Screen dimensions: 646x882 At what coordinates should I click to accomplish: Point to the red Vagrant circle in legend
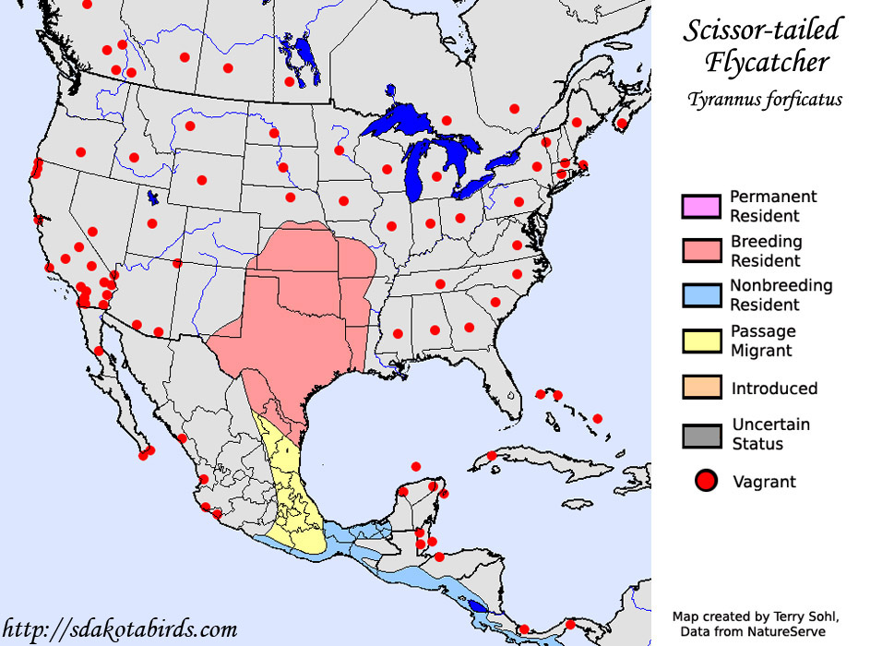(707, 481)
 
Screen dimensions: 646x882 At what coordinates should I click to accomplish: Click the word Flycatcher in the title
(767, 62)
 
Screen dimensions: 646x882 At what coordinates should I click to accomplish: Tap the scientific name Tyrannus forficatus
(764, 100)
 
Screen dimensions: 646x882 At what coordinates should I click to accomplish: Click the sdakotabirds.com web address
(120, 630)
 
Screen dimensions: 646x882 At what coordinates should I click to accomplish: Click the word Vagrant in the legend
(764, 481)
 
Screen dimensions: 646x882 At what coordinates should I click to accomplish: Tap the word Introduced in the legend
(774, 389)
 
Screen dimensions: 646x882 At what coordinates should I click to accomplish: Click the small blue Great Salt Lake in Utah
(152, 197)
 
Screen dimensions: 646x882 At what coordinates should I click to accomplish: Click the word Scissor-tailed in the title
(761, 30)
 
